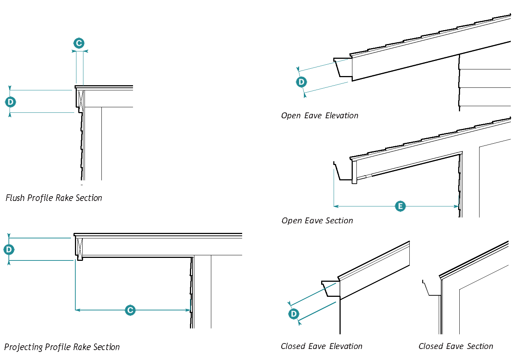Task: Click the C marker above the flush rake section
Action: pos(79,43)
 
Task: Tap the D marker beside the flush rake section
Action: pos(10,102)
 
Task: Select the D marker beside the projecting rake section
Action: pos(9,250)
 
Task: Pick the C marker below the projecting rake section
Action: pos(130,310)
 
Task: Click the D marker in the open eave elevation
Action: pos(301,82)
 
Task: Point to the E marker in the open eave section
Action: pos(400,206)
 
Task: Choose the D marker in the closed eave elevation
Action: pos(294,314)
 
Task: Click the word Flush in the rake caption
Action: pos(15,198)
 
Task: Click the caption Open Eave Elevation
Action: pos(319,116)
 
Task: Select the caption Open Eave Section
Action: pos(317,221)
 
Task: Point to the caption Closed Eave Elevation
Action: pos(321,346)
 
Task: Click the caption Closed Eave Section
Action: pos(456,346)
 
